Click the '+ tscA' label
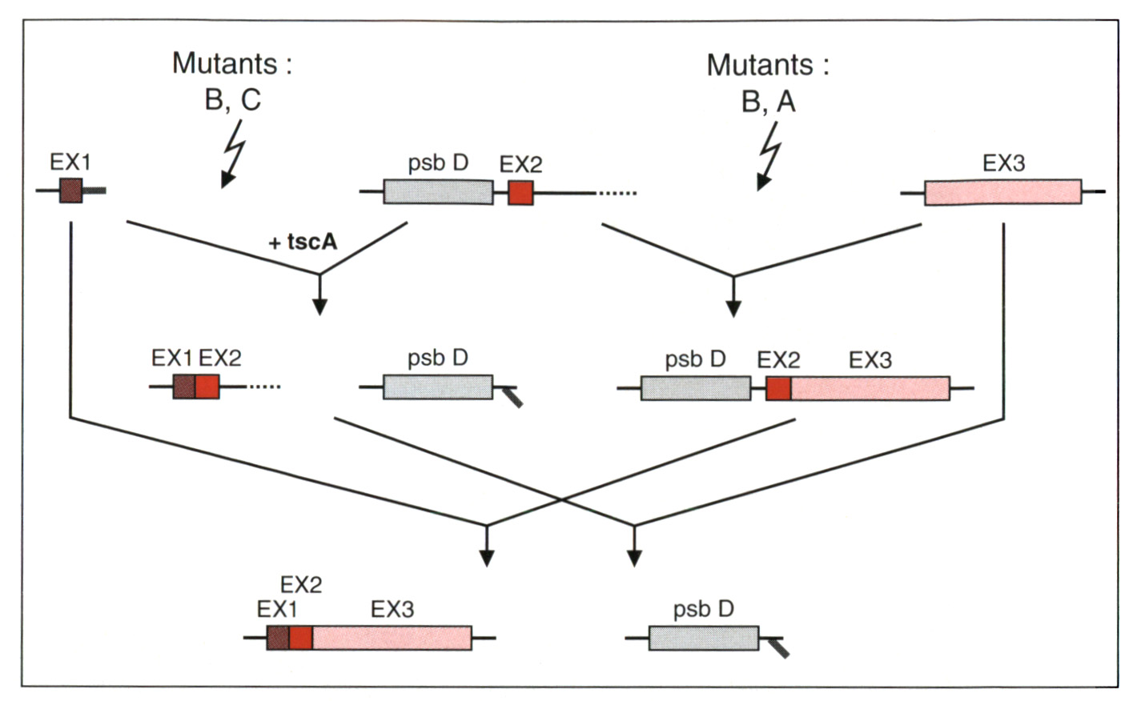click(x=303, y=242)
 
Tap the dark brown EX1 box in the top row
click(x=71, y=190)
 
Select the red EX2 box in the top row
click(x=520, y=194)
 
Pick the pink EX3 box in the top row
click(x=1003, y=192)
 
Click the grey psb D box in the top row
click(x=438, y=192)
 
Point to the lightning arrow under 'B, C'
click(x=233, y=154)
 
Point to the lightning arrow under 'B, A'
click(x=769, y=156)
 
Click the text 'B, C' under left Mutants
click(x=233, y=99)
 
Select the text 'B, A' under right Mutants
click(x=769, y=102)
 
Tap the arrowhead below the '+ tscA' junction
click(x=319, y=306)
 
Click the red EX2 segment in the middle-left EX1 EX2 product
click(x=207, y=387)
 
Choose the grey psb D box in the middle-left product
click(x=438, y=387)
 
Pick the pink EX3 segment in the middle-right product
click(x=870, y=389)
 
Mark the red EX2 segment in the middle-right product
click(x=778, y=389)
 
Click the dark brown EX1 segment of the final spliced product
click(x=278, y=638)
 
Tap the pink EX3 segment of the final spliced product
click(x=392, y=638)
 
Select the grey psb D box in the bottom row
click(x=704, y=638)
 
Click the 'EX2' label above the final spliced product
click(x=301, y=585)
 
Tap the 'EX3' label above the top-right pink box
click(x=1004, y=163)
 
